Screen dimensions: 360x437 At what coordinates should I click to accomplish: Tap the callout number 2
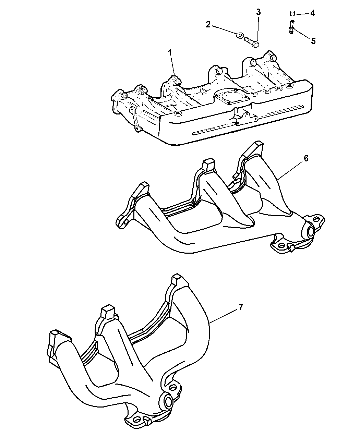208,25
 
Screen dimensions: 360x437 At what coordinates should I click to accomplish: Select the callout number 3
259,12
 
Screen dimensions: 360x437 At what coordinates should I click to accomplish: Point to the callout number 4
312,13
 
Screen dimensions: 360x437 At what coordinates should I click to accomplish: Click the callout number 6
306,158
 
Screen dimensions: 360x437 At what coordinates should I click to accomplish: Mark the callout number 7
241,307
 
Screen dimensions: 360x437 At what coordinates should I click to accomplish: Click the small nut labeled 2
239,36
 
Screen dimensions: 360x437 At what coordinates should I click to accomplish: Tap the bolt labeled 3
252,42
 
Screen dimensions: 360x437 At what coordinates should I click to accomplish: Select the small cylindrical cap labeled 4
292,14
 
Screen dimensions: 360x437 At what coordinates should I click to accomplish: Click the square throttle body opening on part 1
232,98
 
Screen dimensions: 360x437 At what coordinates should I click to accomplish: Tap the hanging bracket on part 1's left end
134,120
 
